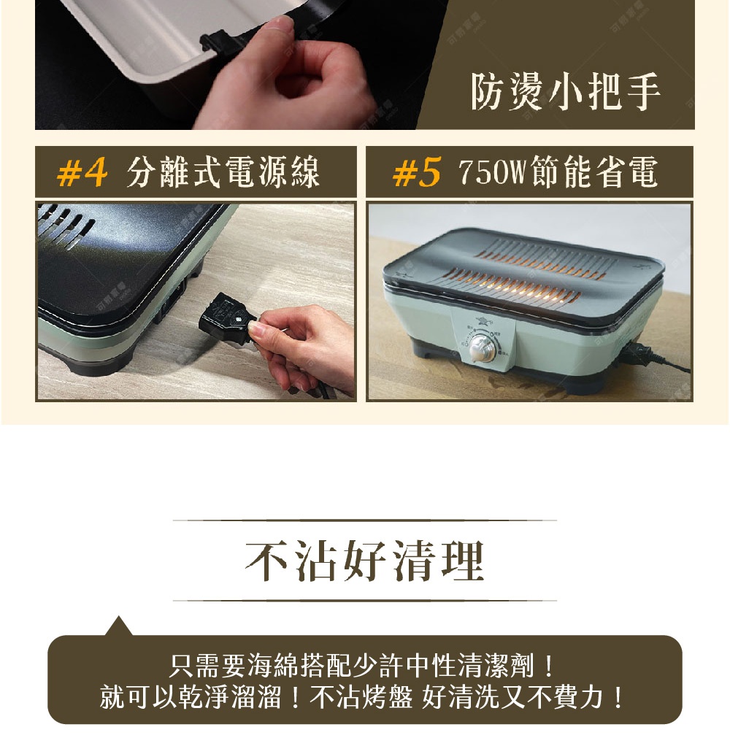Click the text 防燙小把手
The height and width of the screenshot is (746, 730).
566,93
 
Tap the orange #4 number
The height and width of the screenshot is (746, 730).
82,174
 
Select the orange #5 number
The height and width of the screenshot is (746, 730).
417,174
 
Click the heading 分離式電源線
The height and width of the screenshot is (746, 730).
223,174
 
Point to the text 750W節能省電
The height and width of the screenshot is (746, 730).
558,174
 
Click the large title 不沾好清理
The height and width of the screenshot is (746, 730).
364,561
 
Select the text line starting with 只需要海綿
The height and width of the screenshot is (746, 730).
364,666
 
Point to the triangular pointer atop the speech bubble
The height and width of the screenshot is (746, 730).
118,626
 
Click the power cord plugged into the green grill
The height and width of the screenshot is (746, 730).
650,354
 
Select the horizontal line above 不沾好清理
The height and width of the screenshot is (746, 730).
364,520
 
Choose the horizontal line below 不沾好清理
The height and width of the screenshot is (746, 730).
364,601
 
